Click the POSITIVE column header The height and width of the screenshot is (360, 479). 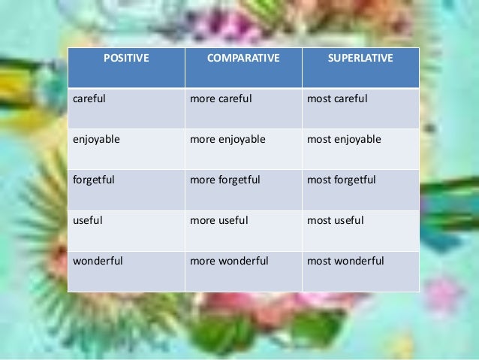125,59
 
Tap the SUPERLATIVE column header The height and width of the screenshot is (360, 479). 360,59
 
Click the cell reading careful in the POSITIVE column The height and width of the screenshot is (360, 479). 90,98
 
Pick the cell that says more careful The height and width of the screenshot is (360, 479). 221,98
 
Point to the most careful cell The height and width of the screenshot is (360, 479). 337,98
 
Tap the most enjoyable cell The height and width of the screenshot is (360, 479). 344,139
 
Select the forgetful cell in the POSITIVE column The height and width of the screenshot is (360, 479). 94,180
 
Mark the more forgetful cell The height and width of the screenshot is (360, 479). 225,180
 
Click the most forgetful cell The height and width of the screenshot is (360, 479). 342,180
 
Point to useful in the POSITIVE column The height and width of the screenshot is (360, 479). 88,220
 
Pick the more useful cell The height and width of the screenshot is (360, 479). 219,220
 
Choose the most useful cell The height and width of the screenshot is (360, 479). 336,220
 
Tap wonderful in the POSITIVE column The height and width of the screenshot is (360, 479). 98,261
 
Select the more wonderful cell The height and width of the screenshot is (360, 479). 229,261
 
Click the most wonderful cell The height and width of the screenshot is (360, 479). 345,261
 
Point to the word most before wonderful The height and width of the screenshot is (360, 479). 318,261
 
